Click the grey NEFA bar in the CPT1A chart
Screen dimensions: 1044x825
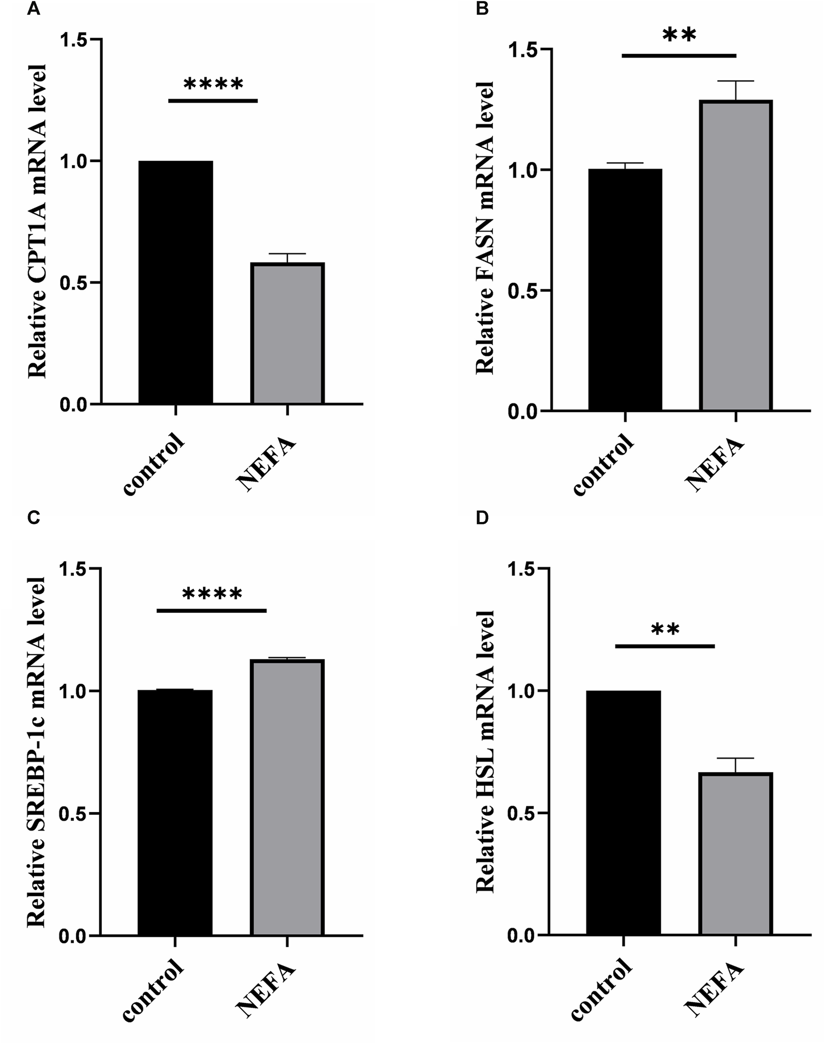pos(287,333)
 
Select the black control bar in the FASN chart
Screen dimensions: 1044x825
pos(625,290)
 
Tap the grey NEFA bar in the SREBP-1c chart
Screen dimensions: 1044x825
pos(287,797)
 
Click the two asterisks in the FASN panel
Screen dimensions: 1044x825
pos(679,35)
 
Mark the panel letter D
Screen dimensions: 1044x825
pos(482,518)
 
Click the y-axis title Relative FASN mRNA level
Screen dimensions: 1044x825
pos(485,227)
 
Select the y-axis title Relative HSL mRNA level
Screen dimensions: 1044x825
pos(485,751)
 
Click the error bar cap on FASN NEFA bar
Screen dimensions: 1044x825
pos(736,81)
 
